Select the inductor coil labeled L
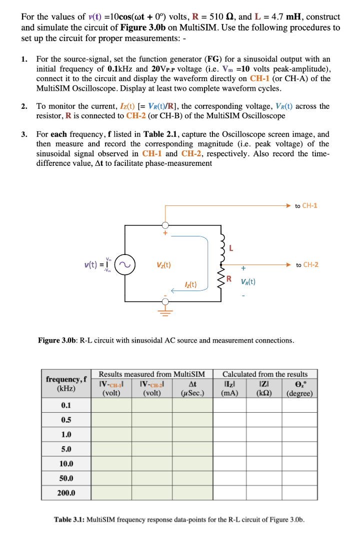click(x=221, y=249)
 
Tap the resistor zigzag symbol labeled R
click(x=221, y=281)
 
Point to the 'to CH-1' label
click(x=306, y=205)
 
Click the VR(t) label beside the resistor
click(x=248, y=282)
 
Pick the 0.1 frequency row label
click(x=65, y=405)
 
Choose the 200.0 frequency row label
click(x=66, y=492)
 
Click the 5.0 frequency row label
click(x=65, y=449)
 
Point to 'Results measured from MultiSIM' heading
click(x=152, y=374)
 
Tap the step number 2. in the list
click(x=24, y=106)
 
